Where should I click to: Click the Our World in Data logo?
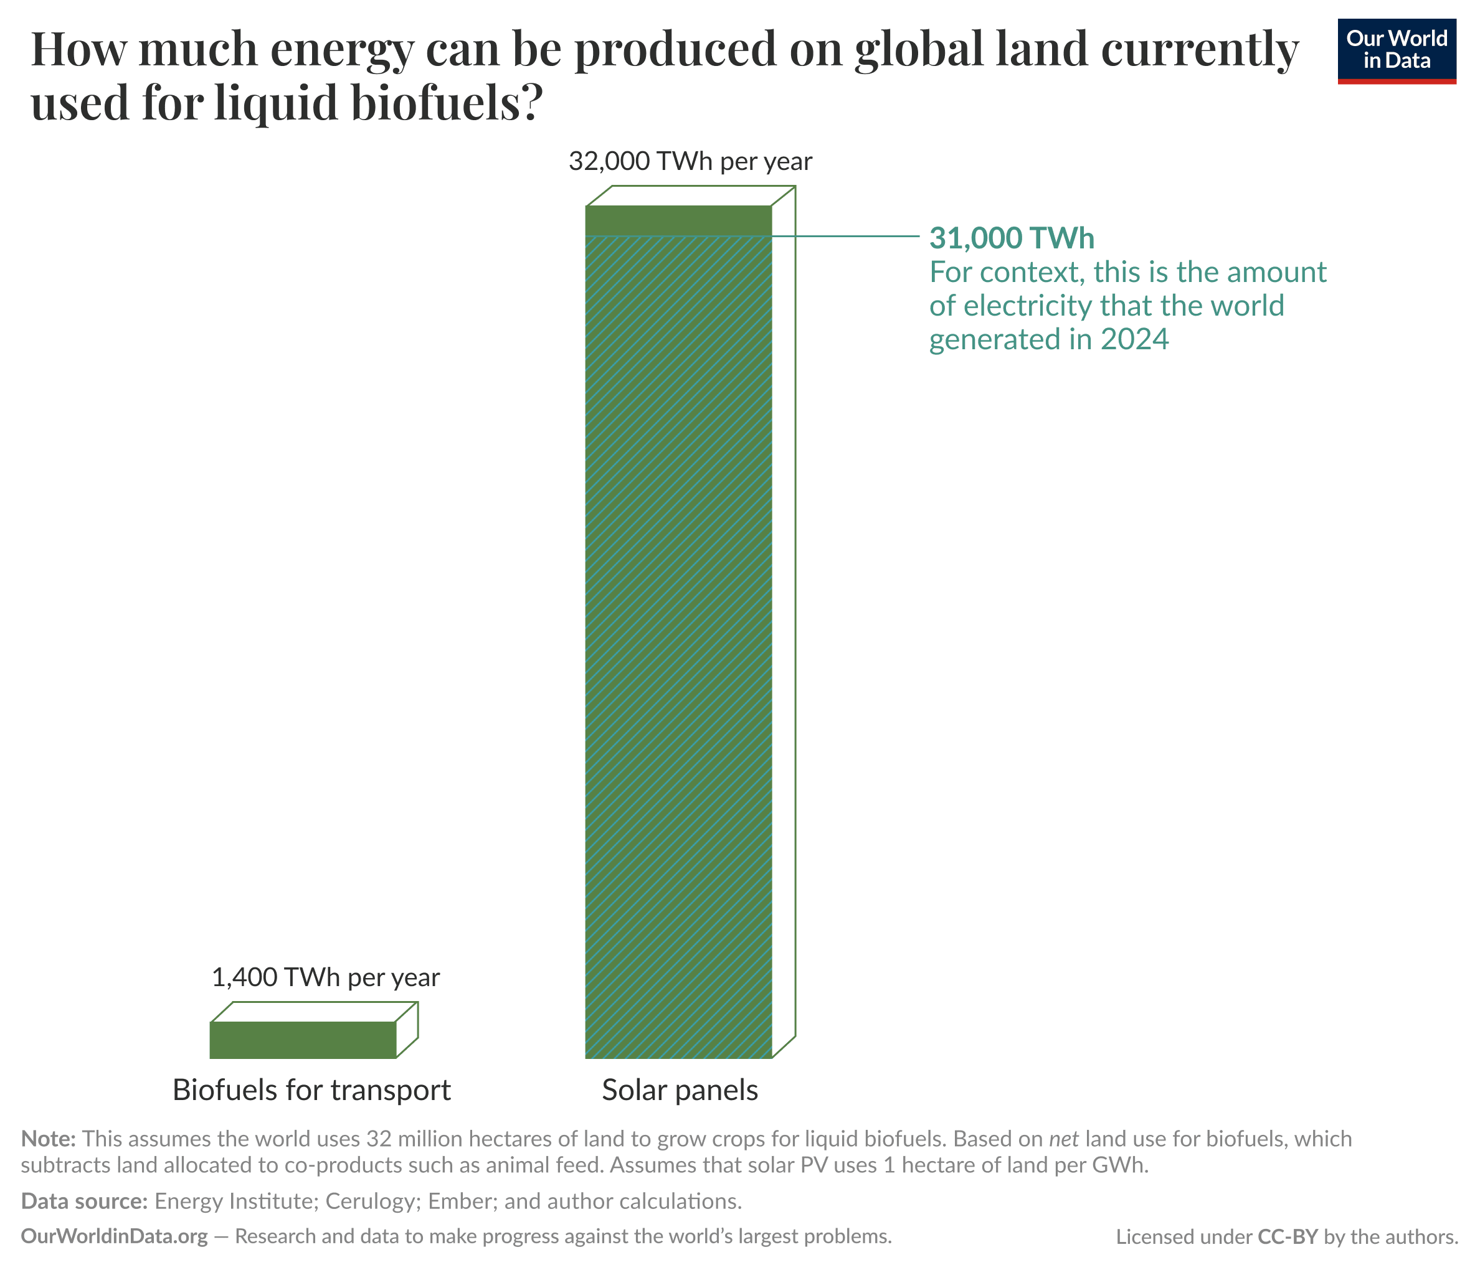point(1396,50)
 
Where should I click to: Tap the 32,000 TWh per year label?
point(690,161)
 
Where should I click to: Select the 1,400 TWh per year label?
point(326,977)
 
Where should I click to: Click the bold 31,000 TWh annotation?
point(1011,238)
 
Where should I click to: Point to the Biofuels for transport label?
point(311,1090)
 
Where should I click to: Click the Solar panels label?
point(680,1090)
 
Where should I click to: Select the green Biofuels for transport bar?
point(303,1040)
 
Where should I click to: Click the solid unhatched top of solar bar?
point(678,220)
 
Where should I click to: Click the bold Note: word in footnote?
point(48,1138)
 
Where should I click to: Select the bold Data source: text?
point(83,1201)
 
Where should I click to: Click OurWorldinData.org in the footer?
point(114,1236)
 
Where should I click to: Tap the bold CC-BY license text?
point(1287,1236)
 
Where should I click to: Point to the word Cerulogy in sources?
point(369,1201)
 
